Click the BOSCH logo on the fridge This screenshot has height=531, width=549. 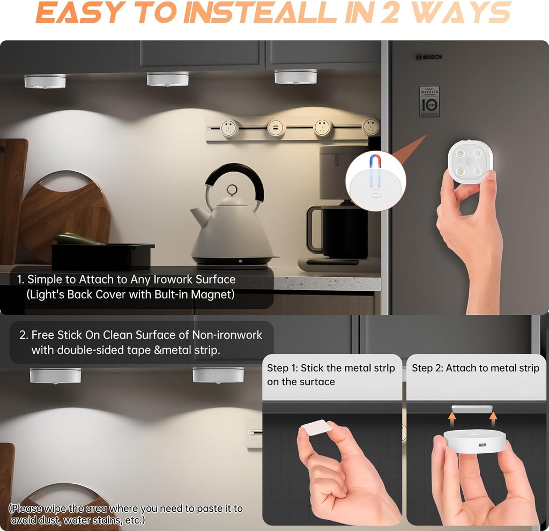(429, 57)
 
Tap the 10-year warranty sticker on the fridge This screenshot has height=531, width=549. (429, 101)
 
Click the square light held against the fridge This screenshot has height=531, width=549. (470, 163)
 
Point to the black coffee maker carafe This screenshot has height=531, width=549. (338, 231)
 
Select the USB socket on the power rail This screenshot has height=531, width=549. (275, 128)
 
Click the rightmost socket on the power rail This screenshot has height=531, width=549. (370, 127)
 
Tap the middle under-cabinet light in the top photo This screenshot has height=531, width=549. (168, 79)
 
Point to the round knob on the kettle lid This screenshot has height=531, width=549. (232, 190)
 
